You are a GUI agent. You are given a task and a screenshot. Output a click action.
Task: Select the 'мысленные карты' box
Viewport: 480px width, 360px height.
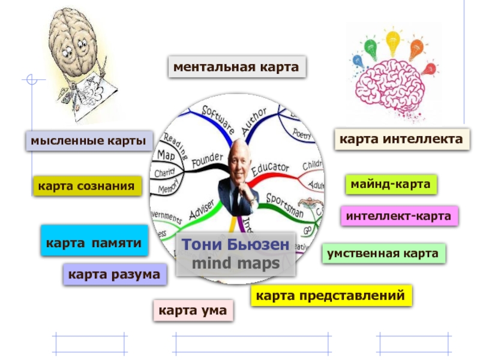89,141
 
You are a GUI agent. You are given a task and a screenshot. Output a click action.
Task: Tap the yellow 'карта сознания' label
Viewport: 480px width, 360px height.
87,186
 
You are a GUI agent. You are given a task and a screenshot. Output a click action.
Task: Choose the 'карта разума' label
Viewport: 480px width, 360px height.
114,275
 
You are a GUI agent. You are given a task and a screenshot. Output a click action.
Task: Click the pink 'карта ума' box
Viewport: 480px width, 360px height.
193,311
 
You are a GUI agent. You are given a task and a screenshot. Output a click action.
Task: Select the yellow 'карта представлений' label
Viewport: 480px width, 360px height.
331,296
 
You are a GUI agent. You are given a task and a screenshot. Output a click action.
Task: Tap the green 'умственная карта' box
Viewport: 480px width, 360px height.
383,254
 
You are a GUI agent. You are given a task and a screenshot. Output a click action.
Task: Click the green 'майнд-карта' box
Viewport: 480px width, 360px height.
391,184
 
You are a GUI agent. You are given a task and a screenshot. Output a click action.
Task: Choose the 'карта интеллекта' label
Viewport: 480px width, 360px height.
401,140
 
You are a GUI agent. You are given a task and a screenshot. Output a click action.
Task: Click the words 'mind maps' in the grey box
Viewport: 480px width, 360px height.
235,264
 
